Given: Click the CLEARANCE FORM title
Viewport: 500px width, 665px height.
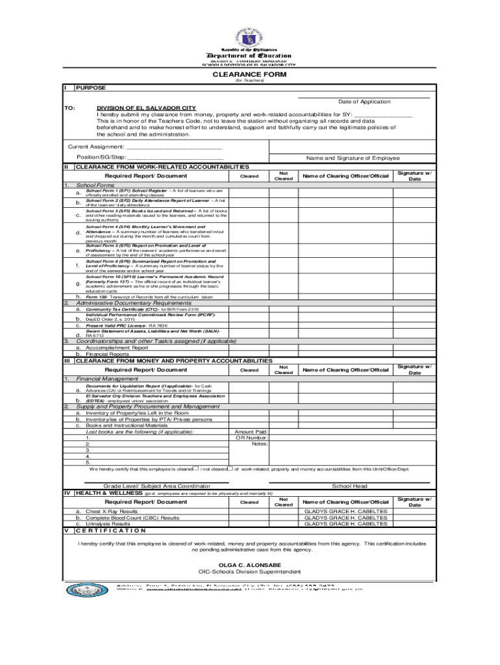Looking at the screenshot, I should click(250, 74).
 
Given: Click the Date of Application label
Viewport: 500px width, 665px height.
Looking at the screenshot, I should click(364, 101).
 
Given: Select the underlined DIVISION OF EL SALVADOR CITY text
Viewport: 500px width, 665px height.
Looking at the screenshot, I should click(146, 108).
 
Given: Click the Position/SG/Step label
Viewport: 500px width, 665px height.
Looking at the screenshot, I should click(101, 158).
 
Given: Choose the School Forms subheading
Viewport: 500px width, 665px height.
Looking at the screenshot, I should click(95, 186).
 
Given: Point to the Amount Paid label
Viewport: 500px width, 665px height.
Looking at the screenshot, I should click(251, 431).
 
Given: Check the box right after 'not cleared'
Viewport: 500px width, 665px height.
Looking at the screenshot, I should click(230, 468).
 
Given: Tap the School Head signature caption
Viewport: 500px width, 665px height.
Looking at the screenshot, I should click(349, 486).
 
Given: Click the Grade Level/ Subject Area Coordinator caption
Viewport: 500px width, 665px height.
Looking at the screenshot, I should click(156, 486).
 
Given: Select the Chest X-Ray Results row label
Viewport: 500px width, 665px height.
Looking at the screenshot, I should click(112, 511).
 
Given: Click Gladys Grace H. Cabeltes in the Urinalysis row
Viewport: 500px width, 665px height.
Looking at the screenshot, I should click(345, 523).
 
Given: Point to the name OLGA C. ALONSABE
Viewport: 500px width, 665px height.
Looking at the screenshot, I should click(249, 565).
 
